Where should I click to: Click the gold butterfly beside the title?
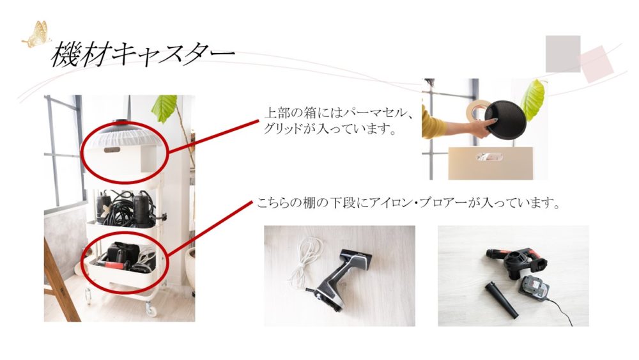coord(37,35)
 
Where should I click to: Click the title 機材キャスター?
coord(143,54)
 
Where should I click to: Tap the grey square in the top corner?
coord(563,54)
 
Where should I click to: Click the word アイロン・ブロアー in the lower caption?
coord(417,203)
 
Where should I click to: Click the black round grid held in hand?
coord(504,120)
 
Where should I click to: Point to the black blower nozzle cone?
coord(501,301)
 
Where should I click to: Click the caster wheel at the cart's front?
coord(151,310)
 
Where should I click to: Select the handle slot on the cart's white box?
coord(112,150)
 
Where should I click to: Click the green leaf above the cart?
coord(164,108)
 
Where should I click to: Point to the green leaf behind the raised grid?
coord(534,100)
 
